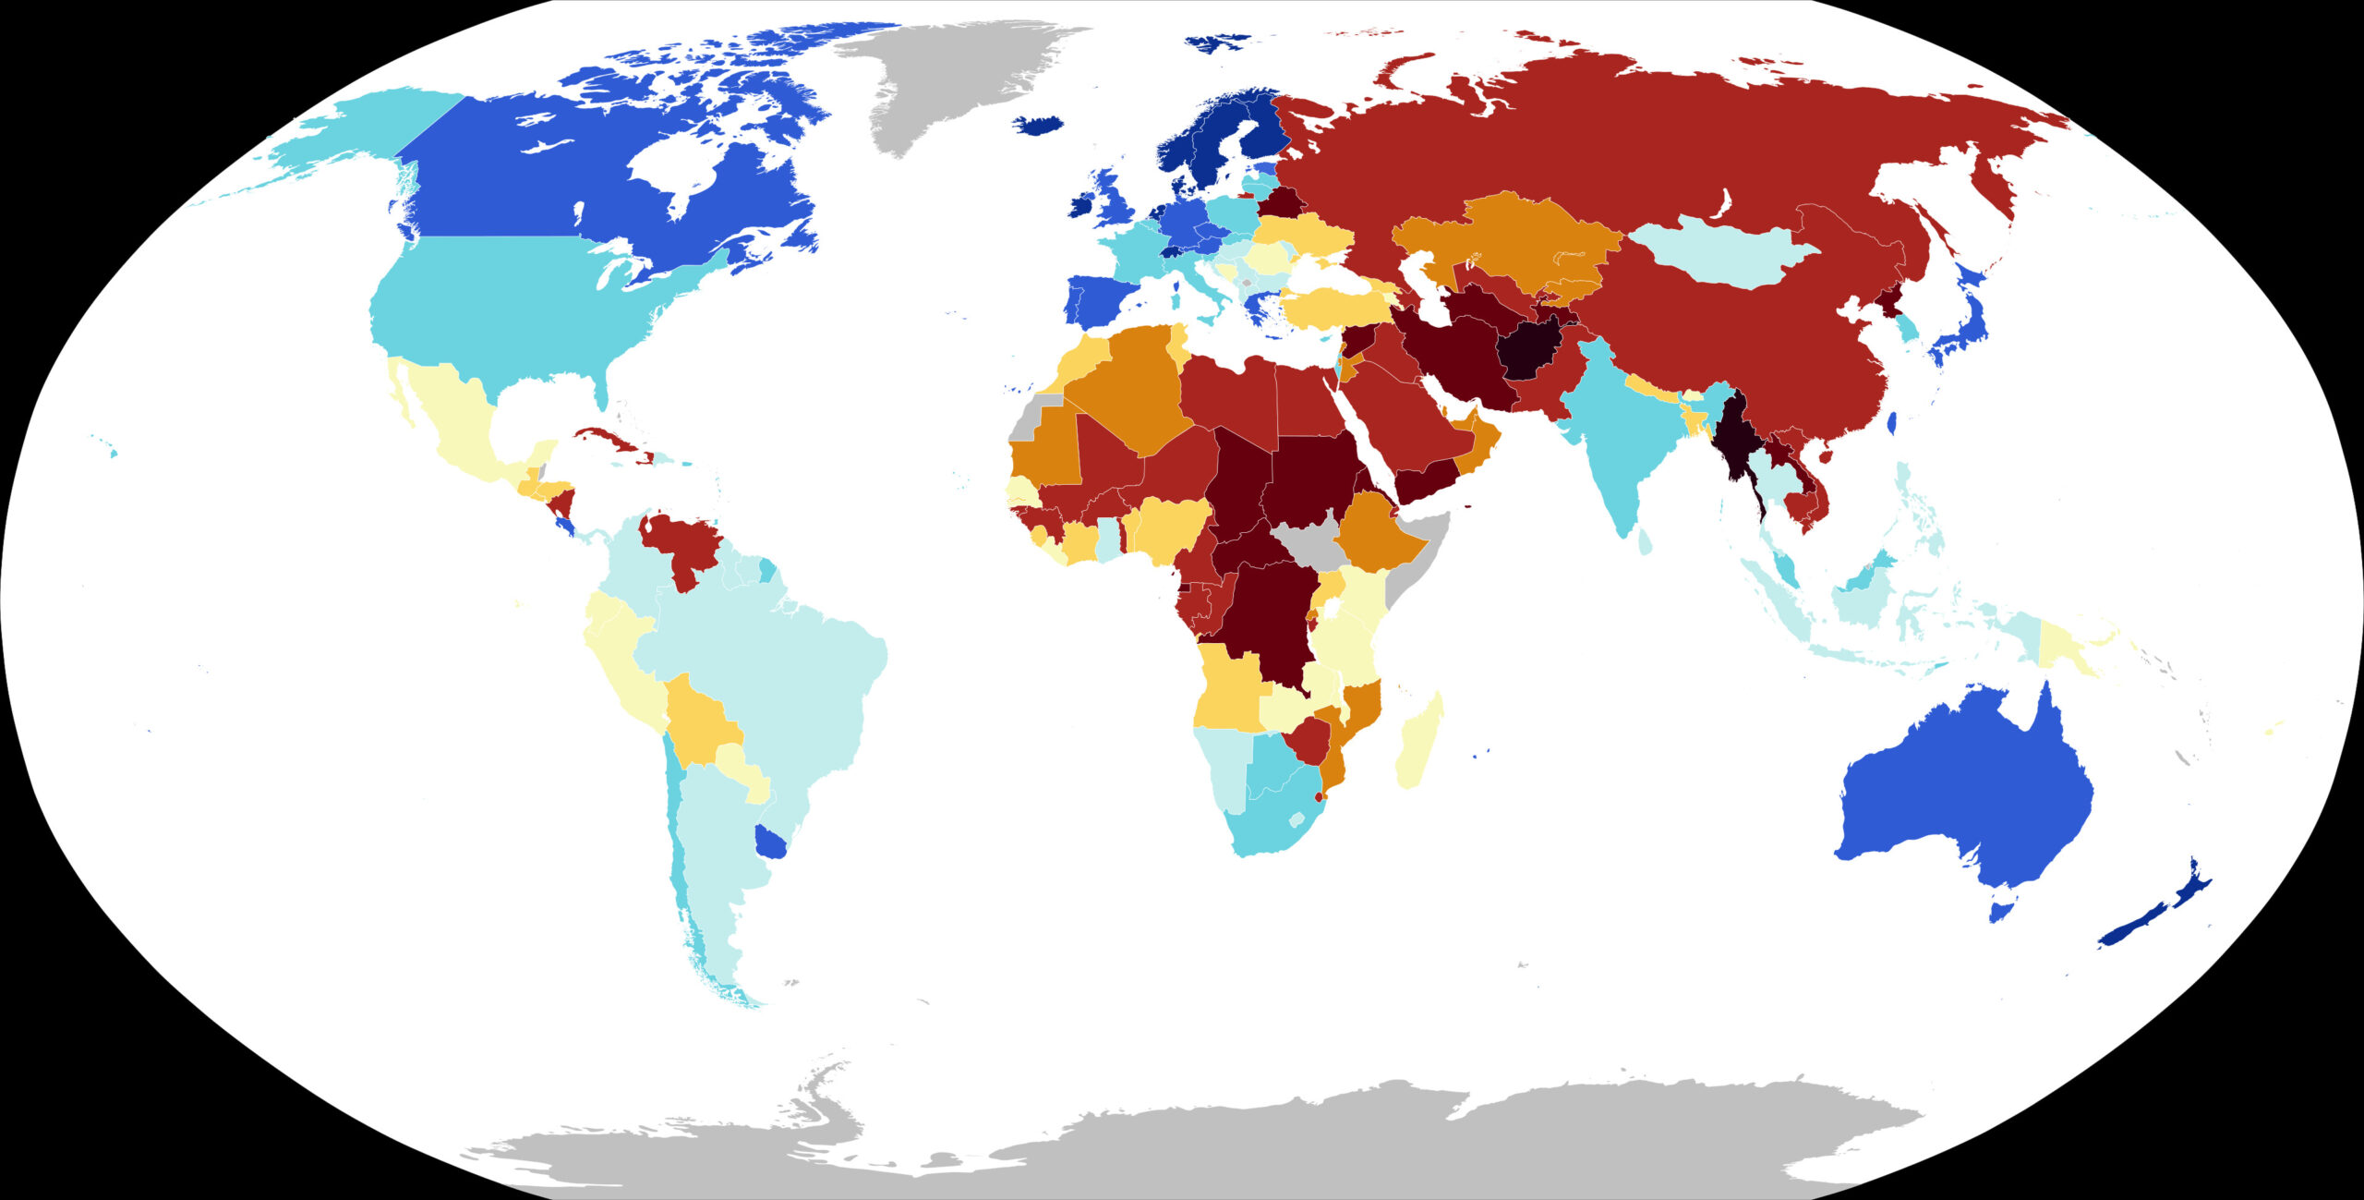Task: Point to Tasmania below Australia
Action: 2000,910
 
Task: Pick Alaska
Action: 369,139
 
